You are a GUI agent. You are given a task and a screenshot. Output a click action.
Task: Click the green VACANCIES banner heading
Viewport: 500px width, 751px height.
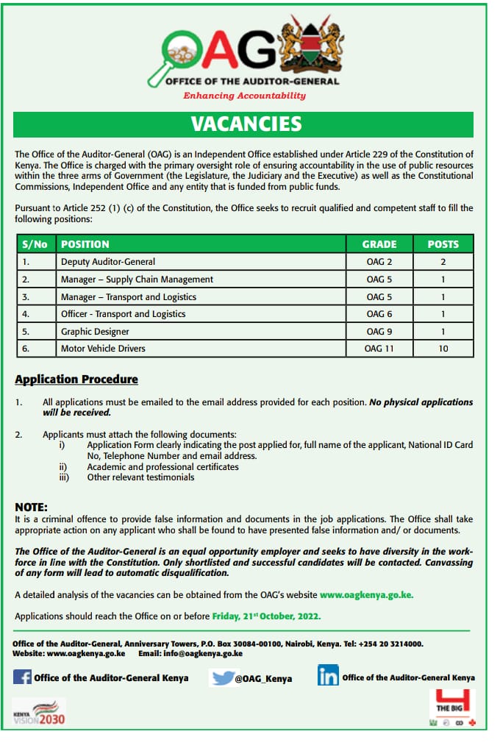pos(246,124)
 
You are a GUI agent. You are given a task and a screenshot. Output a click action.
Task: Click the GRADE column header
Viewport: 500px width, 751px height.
pos(379,244)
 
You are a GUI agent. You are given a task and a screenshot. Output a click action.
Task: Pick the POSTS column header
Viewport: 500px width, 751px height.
pos(443,244)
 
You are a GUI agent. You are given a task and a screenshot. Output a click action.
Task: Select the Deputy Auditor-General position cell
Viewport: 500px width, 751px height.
pos(108,262)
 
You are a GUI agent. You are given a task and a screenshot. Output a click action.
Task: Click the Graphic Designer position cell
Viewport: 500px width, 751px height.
pos(95,331)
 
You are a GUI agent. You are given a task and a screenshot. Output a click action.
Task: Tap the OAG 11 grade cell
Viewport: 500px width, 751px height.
pos(379,349)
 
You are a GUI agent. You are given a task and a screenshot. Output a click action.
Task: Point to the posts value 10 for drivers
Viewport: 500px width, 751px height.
pos(443,349)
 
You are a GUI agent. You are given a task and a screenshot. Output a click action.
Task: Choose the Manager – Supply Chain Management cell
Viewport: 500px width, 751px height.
pos(137,280)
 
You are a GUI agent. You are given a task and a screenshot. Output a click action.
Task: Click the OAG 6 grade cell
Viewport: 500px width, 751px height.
pos(379,314)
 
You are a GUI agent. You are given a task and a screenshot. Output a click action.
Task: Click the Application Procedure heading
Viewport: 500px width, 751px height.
pos(76,380)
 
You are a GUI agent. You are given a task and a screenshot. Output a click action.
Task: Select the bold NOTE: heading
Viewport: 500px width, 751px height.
pos(31,508)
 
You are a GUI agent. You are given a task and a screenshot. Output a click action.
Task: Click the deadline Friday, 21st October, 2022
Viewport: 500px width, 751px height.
pos(266,616)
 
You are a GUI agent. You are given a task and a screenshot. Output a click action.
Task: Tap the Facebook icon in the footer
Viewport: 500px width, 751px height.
pos(22,677)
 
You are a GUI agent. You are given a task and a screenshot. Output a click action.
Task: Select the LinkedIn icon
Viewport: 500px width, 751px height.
pos(327,676)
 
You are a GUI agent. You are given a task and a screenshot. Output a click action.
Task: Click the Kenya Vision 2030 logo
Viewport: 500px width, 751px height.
pos(39,713)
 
